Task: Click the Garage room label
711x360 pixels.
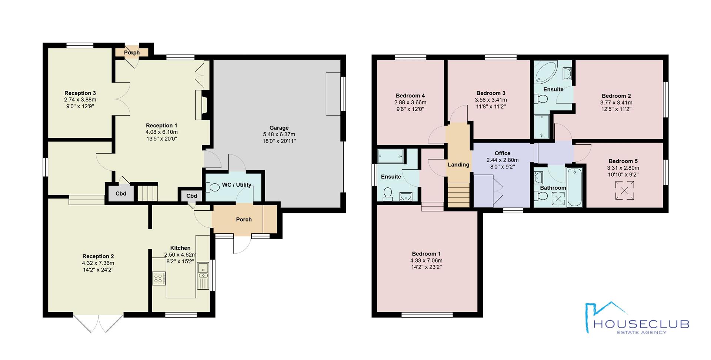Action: tap(279, 128)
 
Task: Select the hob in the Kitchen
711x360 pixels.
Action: tap(159, 279)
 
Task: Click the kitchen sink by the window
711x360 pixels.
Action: tap(203, 276)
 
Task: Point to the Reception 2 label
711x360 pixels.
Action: tap(98, 256)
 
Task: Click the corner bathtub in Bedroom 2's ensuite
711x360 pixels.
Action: tap(545, 72)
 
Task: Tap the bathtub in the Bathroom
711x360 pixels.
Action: tap(575, 187)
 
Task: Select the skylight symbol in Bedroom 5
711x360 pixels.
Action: tap(624, 190)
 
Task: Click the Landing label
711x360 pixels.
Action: tap(458, 165)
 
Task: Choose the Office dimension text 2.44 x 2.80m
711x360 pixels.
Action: tap(503, 160)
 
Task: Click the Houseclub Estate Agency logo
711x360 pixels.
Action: tap(637, 318)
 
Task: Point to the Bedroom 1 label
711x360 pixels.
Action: tap(426, 254)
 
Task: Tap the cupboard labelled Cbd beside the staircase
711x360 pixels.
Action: tap(121, 193)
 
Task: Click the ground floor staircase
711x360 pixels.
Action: tap(148, 191)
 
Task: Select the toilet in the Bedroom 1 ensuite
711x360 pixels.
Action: tap(388, 194)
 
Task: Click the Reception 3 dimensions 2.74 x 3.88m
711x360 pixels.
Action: tap(80, 100)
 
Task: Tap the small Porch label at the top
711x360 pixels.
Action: tap(132, 53)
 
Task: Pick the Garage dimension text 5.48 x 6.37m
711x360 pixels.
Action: tap(279, 134)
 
